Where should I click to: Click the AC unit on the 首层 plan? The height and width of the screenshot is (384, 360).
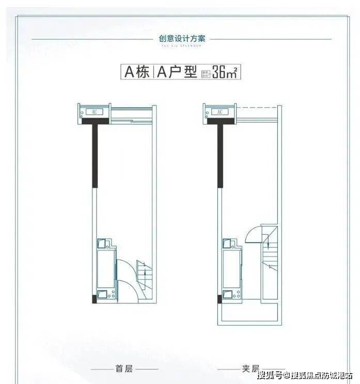(x=94, y=111)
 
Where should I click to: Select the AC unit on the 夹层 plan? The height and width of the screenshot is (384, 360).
(x=220, y=111)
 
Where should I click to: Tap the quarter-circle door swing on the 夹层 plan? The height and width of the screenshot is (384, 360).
(x=253, y=235)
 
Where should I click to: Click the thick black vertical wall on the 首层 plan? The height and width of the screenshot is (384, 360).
(x=95, y=155)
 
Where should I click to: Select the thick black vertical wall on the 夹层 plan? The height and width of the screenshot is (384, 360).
(x=221, y=155)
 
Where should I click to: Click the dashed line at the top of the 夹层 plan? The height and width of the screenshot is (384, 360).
(x=257, y=107)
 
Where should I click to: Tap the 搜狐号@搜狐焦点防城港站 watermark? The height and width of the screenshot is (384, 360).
(x=305, y=375)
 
